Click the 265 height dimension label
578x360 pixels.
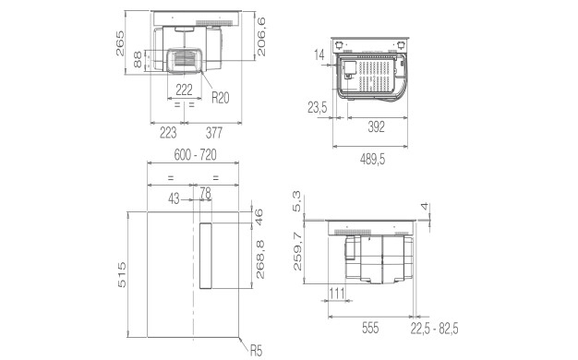coord(120,43)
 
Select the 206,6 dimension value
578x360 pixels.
coord(260,37)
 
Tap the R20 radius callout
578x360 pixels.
coord(221,98)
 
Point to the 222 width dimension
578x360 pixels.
coord(184,90)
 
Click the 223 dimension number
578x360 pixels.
coord(168,133)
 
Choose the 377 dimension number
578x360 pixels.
coord(214,133)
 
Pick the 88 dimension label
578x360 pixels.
coord(138,59)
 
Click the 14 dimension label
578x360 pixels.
coord(319,54)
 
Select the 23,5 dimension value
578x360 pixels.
coord(318,108)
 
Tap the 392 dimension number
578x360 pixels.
coord(377,126)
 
